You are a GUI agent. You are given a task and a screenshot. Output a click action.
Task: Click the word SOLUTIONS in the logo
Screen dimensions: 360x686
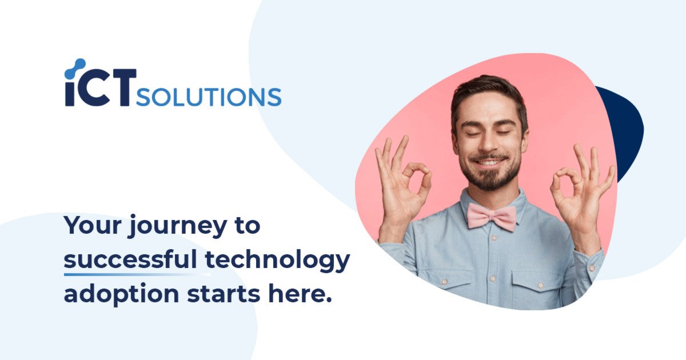pyautogui.click(x=209, y=97)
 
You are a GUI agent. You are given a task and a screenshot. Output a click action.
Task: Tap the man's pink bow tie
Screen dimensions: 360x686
pyautogui.click(x=492, y=216)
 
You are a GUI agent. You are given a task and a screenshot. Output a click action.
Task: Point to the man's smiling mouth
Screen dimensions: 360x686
pyautogui.click(x=489, y=162)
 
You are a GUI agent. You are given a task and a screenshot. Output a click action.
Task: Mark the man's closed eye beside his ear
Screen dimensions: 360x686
pyautogui.click(x=504, y=133)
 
